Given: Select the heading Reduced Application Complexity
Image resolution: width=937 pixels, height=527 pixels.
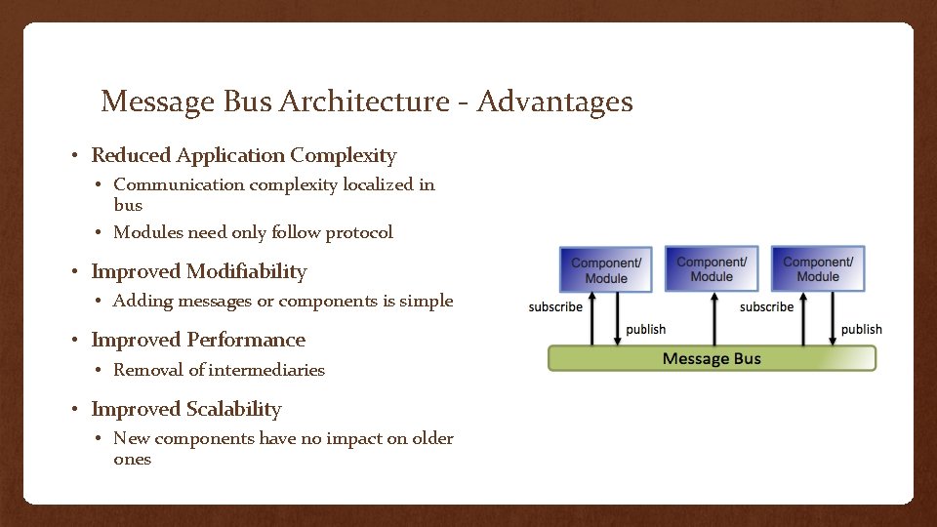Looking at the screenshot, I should [244, 155].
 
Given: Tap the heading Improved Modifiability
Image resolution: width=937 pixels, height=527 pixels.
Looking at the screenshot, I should [199, 271].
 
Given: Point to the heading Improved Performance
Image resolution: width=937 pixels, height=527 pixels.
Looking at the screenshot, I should [198, 340].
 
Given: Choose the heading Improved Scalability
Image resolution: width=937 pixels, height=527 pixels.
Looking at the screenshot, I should [186, 409].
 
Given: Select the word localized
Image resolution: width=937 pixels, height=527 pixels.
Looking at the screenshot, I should [379, 184].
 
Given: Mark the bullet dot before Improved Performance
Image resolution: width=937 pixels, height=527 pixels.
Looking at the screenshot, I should [75, 341].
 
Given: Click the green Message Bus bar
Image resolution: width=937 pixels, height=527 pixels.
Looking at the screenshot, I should [712, 358].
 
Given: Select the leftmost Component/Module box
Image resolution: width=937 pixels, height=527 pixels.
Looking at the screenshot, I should [606, 269].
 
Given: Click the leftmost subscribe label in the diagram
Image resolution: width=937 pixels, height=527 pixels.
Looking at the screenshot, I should [555, 306].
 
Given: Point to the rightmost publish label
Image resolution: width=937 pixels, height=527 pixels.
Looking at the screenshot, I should [861, 329].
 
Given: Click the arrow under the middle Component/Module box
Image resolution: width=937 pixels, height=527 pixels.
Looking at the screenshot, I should [711, 319].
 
